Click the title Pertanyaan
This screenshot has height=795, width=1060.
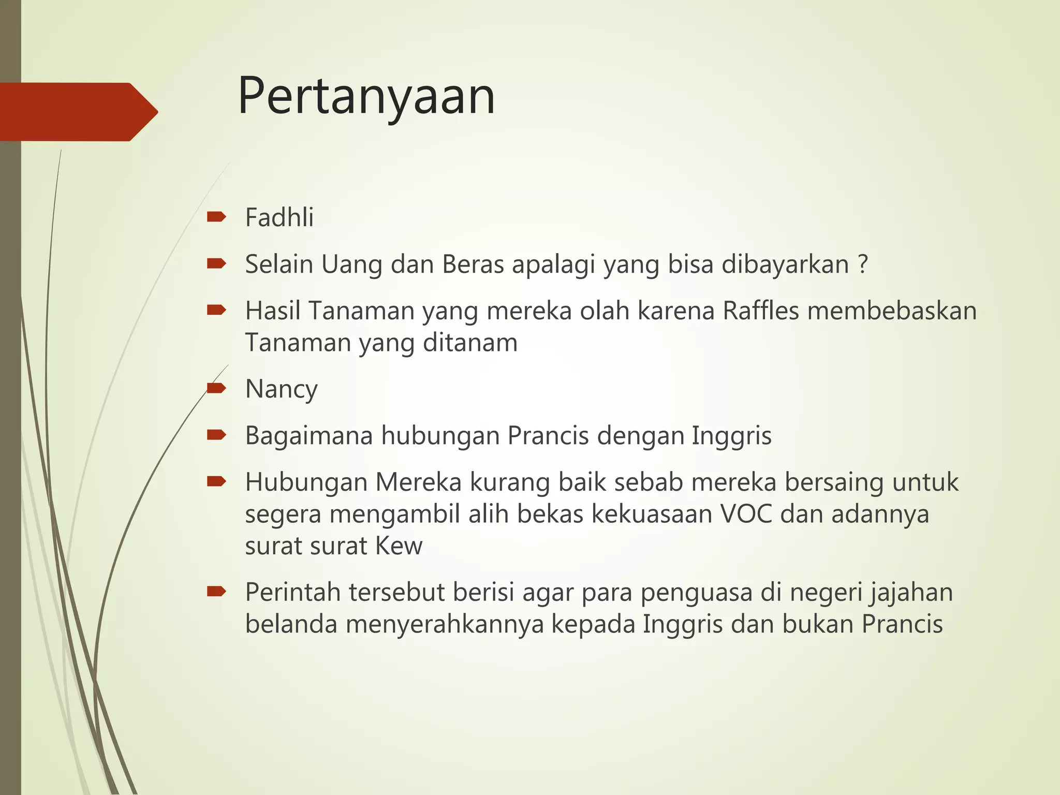point(366,97)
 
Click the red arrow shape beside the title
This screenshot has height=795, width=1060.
point(78,112)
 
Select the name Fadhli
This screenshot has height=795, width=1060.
point(279,217)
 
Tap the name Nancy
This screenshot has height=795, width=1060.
point(281,389)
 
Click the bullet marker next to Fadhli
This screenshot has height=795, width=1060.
point(216,217)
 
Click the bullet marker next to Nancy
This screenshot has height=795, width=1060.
point(216,388)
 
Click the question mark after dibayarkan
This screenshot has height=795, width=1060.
point(862,264)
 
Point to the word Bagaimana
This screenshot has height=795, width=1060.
point(309,436)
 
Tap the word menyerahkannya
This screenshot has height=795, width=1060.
point(444,624)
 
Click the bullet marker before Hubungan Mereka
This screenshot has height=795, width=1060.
point(216,482)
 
